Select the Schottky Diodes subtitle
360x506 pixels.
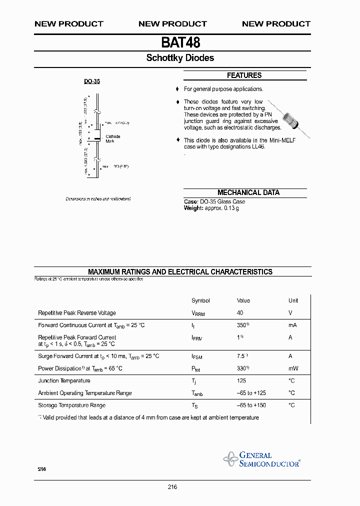coord(180,58)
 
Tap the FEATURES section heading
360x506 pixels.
coord(244,75)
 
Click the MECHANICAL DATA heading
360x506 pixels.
coord(248,192)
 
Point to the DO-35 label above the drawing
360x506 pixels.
coord(91,81)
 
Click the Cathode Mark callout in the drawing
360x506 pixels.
coord(112,139)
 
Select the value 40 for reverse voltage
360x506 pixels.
coord(240,313)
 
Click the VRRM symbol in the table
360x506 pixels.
coord(198,313)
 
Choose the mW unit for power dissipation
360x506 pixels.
coord(293,368)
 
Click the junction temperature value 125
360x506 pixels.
coord(241,381)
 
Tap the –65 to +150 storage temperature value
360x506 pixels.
coord(252,405)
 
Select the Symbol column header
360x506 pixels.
coord(200,300)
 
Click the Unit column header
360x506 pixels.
coord(293,300)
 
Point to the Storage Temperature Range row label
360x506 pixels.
coord(71,405)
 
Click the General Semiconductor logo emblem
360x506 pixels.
coord(230,458)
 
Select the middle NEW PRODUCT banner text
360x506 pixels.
coord(172,24)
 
